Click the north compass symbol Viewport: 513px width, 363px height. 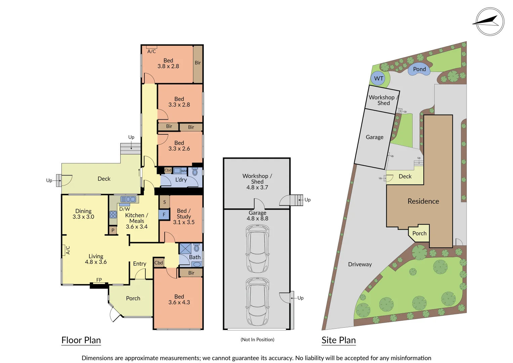tap(490, 22)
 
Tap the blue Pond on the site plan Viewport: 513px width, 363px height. tap(419, 70)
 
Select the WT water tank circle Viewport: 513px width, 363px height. tap(379, 79)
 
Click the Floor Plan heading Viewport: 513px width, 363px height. tap(81, 340)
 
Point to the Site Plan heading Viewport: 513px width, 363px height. tap(338, 340)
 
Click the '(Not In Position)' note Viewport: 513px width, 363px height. tap(257, 339)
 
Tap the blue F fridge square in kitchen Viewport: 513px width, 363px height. tap(164, 214)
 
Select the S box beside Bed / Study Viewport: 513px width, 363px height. tap(164, 202)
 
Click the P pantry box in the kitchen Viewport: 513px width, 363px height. tap(113, 230)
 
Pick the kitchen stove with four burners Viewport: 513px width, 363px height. tap(113, 214)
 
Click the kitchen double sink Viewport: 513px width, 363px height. tap(128, 199)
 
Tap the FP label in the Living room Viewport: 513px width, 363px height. tap(99, 280)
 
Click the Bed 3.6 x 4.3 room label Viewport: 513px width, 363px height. tap(179, 299)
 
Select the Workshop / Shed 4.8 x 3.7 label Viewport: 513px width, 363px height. tap(257, 182)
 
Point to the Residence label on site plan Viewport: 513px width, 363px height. tap(423, 201)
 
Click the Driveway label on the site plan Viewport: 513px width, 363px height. tap(360, 264)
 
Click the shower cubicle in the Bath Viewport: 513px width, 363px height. tap(185, 249)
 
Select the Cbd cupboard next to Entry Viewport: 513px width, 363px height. tap(159, 263)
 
